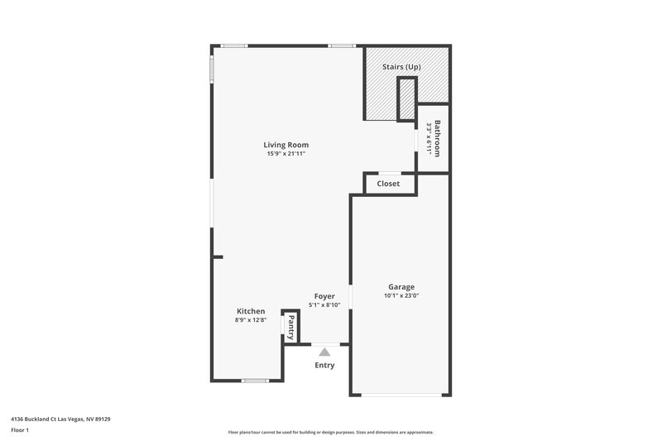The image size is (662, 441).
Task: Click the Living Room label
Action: click(x=286, y=145)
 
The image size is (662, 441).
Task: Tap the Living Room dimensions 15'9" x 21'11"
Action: click(x=286, y=154)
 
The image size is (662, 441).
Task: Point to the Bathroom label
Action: click(x=439, y=138)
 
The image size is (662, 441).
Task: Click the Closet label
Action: click(x=388, y=184)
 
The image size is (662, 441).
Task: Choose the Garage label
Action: click(x=401, y=287)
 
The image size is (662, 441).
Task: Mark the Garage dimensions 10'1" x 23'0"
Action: click(x=401, y=296)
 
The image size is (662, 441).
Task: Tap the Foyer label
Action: click(x=324, y=295)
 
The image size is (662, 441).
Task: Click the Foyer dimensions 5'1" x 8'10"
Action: click(x=324, y=304)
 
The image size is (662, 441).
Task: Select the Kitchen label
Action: click(x=251, y=311)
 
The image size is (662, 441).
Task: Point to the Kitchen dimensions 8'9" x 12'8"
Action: click(x=251, y=320)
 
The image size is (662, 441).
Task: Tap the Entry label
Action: click(x=324, y=365)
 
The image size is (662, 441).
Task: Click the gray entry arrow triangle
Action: click(x=324, y=352)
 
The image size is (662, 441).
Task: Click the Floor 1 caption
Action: click(x=20, y=431)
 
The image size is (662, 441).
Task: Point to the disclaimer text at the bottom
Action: click(x=330, y=432)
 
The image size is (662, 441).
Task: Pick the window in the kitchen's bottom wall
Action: click(x=256, y=381)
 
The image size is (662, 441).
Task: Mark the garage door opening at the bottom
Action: click(x=401, y=395)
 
